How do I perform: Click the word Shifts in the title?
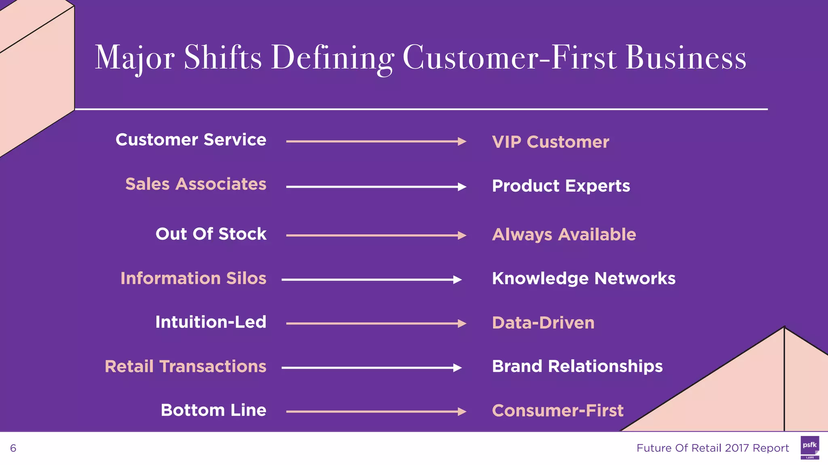(223, 58)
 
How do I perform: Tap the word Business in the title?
(686, 58)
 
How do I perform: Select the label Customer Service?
(191, 140)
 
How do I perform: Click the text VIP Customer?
(550, 142)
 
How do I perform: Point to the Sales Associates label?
(196, 184)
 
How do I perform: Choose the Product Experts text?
(561, 186)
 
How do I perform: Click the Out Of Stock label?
(211, 234)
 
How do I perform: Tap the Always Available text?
(564, 235)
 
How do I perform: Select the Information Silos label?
(193, 279)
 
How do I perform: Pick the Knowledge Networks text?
(583, 279)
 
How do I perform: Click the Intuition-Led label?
(211, 322)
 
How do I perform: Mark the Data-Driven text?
(543, 323)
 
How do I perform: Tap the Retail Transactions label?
(185, 367)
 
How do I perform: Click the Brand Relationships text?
(577, 367)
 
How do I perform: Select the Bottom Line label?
(213, 410)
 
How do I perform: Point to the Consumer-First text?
(558, 411)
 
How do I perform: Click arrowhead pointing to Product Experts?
(462, 187)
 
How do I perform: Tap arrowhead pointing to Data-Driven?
(462, 324)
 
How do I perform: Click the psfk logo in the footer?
(809, 447)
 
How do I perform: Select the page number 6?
(13, 448)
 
